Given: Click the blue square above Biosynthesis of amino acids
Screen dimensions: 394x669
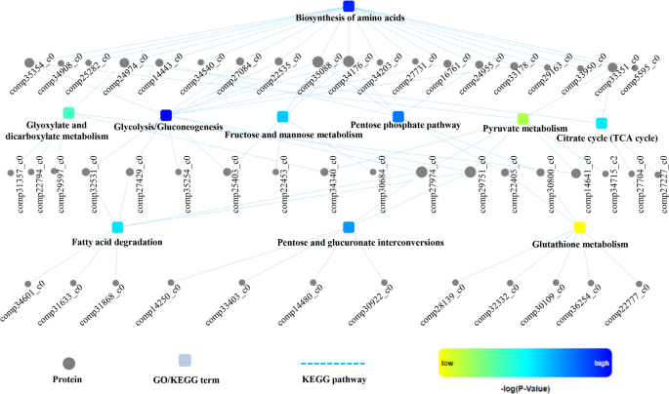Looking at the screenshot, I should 349,7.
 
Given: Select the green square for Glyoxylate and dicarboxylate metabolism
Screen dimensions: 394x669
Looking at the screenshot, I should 68,113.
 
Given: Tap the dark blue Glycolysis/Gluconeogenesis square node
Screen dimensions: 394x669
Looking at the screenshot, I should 166,115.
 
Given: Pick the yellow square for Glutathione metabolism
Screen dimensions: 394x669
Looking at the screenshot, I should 579,227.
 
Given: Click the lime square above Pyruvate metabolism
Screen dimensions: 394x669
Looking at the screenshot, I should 523,118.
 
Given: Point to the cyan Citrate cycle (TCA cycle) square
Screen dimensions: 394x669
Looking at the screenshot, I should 602,123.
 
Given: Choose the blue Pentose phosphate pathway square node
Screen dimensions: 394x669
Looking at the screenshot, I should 398,116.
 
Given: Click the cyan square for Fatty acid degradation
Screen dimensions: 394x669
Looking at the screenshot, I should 117,227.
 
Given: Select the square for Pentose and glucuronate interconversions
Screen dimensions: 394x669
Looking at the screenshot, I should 349,227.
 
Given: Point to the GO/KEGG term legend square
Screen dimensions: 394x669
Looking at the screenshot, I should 185,360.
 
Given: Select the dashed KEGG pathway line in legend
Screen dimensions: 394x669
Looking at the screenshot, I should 331,363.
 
